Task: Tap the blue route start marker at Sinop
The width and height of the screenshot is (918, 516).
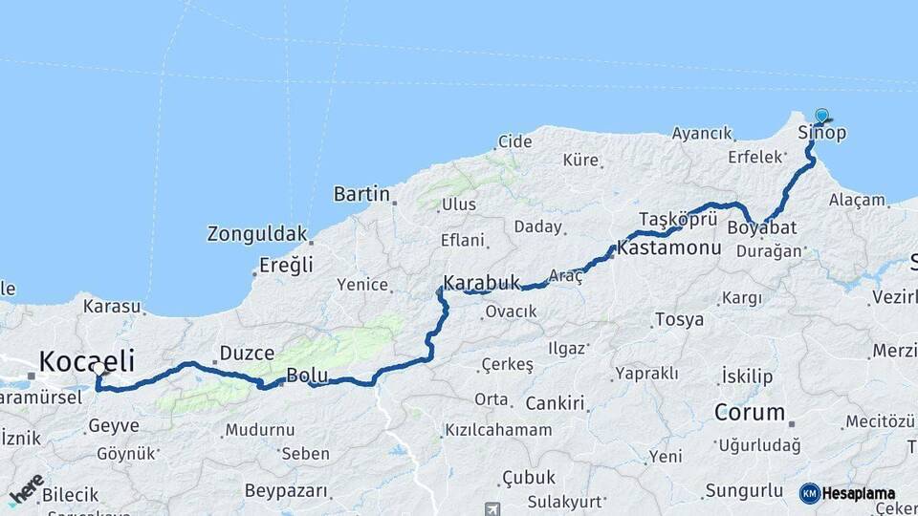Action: (821, 116)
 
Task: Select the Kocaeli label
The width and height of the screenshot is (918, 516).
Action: (86, 360)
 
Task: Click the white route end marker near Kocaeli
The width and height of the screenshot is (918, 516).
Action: (98, 368)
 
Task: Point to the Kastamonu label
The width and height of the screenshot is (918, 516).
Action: (668, 247)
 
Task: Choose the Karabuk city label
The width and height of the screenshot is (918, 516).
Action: (481, 283)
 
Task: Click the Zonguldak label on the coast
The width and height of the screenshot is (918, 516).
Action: (257, 233)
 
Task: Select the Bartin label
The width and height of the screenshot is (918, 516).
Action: (361, 194)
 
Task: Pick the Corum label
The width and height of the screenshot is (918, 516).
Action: (750, 414)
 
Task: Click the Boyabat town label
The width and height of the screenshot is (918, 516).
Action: (761, 228)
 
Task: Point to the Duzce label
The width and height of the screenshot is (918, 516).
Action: (247, 354)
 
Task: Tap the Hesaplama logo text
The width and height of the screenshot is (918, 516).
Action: (858, 494)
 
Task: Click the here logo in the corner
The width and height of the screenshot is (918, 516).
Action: (26, 489)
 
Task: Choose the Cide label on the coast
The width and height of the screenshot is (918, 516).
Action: (514, 141)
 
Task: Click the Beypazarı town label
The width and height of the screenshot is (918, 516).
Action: (286, 491)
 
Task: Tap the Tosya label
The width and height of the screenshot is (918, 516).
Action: (679, 319)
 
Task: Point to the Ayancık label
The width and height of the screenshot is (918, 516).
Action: (702, 134)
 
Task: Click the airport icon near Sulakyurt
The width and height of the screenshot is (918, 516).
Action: (492, 509)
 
